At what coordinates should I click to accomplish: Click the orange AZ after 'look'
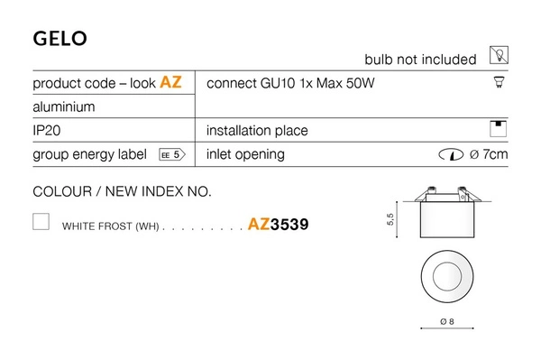(x=170, y=83)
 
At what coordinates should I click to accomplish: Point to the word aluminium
(x=63, y=106)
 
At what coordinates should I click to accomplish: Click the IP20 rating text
(x=47, y=131)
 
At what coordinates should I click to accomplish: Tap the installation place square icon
(x=498, y=128)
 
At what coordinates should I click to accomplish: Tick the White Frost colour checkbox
(x=41, y=222)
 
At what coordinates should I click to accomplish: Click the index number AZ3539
(x=278, y=225)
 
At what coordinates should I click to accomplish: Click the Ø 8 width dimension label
(x=445, y=322)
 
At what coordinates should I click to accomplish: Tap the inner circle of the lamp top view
(x=445, y=275)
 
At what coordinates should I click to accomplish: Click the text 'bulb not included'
(x=419, y=60)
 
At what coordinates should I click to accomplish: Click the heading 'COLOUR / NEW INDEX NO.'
(x=122, y=191)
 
